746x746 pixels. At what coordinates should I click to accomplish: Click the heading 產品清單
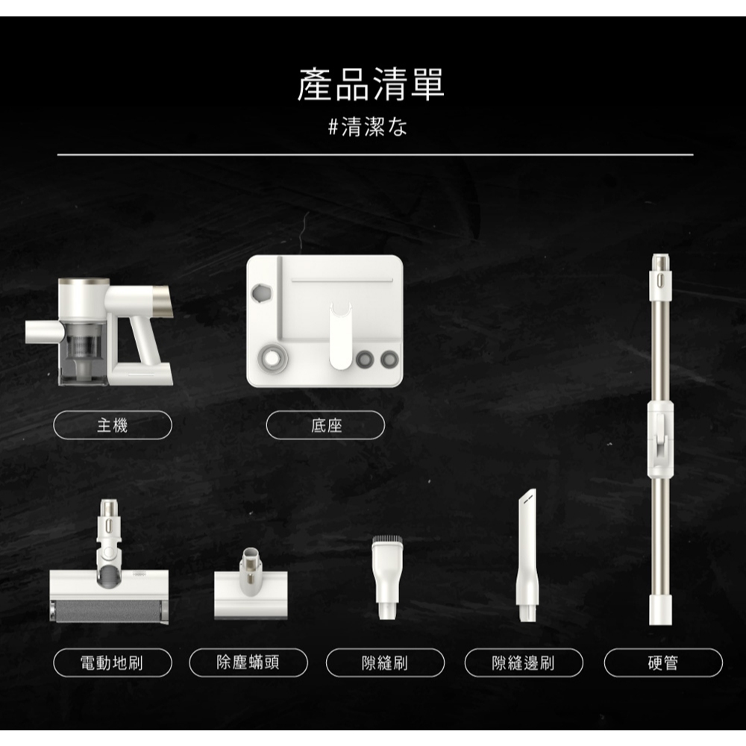pyautogui.click(x=371, y=84)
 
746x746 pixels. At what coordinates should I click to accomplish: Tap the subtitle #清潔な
pyautogui.click(x=368, y=127)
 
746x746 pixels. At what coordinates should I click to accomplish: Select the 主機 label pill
pyautogui.click(x=113, y=425)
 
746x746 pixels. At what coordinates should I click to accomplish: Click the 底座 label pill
pyautogui.click(x=325, y=425)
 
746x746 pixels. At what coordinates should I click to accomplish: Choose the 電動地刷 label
pyautogui.click(x=113, y=662)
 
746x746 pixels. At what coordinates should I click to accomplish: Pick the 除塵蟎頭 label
pyautogui.click(x=248, y=662)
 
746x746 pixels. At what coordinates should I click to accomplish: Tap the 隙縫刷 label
pyautogui.click(x=386, y=662)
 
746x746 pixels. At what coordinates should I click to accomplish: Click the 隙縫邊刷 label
pyautogui.click(x=524, y=662)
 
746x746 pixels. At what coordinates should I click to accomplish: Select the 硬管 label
pyautogui.click(x=663, y=662)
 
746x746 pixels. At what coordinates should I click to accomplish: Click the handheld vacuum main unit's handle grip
pyautogui.click(x=142, y=340)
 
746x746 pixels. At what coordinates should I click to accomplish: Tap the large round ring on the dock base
pyautogui.click(x=272, y=359)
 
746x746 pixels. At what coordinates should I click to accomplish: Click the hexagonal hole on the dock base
pyautogui.click(x=260, y=293)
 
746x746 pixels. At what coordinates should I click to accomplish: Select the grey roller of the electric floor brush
pyautogui.click(x=109, y=611)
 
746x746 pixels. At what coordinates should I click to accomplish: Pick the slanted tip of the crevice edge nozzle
pyautogui.click(x=527, y=497)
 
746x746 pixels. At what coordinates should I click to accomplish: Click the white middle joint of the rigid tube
pyautogui.click(x=660, y=439)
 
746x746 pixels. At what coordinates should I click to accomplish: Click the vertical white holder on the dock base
pyautogui.click(x=341, y=336)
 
